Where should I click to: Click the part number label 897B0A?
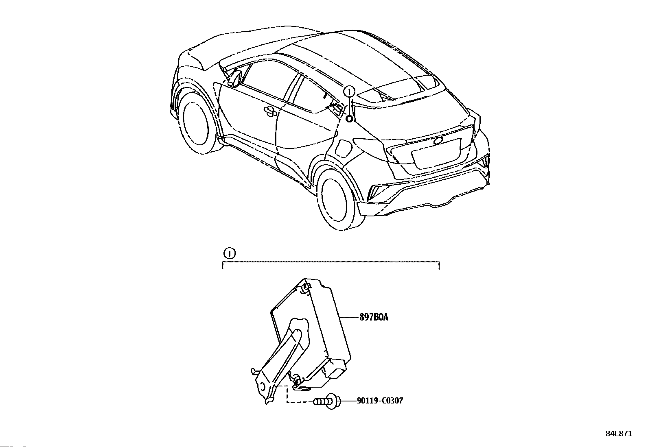(373, 317)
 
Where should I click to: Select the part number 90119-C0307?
(380, 401)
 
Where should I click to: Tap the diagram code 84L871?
(619, 434)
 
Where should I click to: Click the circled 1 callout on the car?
(349, 91)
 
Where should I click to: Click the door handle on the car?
(269, 110)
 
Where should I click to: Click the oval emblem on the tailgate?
(439, 141)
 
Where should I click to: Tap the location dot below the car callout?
(349, 118)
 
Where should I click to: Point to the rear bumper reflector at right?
(485, 163)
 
